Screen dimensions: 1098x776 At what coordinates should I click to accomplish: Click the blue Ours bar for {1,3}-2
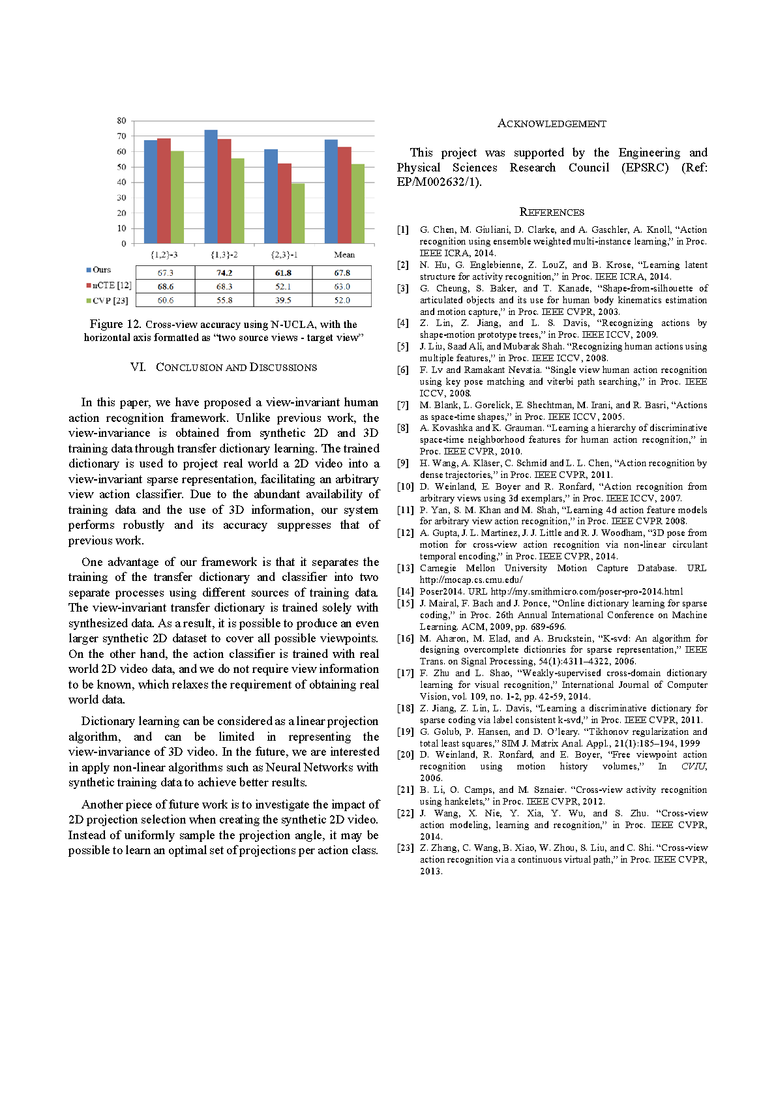pos(211,186)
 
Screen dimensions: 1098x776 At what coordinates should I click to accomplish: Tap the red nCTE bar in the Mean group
pos(344,195)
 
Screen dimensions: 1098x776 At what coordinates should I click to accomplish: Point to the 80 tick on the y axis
pos(122,121)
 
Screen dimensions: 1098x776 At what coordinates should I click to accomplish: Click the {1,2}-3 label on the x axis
pos(164,255)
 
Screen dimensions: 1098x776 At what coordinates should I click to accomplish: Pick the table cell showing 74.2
pos(224,273)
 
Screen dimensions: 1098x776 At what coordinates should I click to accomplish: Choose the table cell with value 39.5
pos(283,301)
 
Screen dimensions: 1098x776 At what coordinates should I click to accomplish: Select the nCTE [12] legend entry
pos(110,286)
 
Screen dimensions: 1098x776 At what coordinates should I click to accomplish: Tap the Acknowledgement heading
pos(552,124)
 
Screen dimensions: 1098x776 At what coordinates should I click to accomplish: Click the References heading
pos(552,212)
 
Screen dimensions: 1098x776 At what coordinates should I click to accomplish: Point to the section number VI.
pos(138,367)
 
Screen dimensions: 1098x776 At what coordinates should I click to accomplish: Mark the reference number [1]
pos(404,230)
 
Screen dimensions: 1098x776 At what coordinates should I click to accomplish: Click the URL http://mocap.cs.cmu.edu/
pos(471,580)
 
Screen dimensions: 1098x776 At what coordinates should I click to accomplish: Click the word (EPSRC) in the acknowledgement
pos(645,168)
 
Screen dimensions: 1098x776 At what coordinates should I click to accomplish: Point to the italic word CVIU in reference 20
pos(694,767)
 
